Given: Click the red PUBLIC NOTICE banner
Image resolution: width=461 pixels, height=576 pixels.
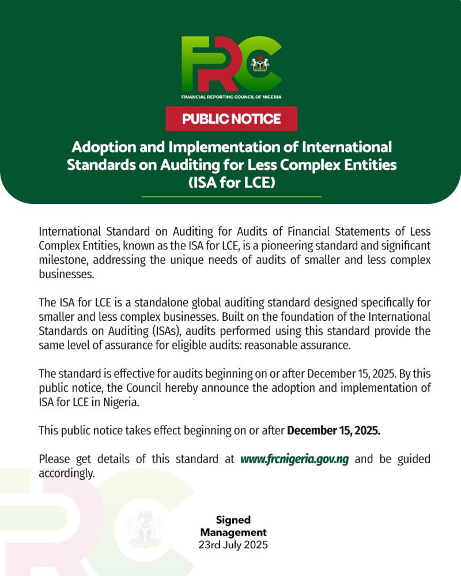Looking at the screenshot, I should pos(231,119).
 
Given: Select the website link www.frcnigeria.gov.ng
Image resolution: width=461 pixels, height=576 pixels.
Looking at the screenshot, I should pos(294,460).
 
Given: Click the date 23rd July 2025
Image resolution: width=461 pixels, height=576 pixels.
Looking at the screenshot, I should pos(233,544).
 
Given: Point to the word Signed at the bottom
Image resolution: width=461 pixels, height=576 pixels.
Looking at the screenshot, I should pos(233,520).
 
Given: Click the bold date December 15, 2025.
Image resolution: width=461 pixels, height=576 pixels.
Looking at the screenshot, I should pos(334,430).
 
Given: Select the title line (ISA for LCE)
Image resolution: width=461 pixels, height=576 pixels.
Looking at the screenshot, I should pos(231,184).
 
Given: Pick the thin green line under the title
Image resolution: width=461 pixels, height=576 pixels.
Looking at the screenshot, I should pos(231,196).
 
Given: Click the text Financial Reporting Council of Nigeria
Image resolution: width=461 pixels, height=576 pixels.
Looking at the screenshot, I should pos(231,97).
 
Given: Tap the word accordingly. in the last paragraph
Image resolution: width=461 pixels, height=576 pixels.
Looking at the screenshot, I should pos(66,473).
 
